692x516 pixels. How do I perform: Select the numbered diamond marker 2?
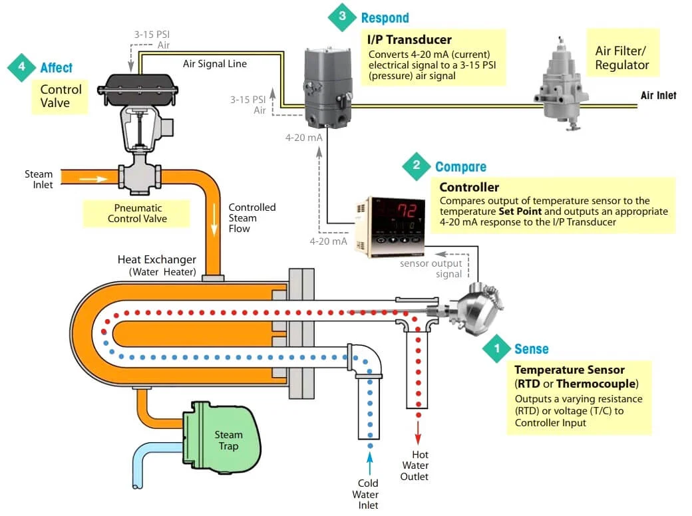point(417,166)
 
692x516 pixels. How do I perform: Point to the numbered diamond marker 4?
point(21,67)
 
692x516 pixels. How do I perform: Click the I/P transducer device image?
point(323,86)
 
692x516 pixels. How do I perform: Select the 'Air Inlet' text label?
point(658,96)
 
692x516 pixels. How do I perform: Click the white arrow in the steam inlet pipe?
point(96,179)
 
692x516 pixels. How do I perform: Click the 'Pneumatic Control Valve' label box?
point(137,213)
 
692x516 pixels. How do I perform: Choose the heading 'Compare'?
point(460,167)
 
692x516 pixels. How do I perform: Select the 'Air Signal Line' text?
point(214,64)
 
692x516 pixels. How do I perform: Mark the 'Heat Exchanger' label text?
point(156,259)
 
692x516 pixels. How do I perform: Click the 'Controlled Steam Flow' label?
point(252,217)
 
